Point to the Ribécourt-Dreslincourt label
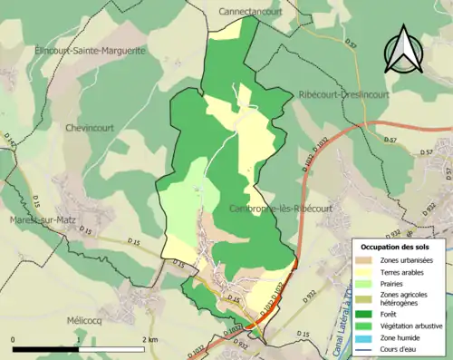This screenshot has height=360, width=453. (x=343, y=94)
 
